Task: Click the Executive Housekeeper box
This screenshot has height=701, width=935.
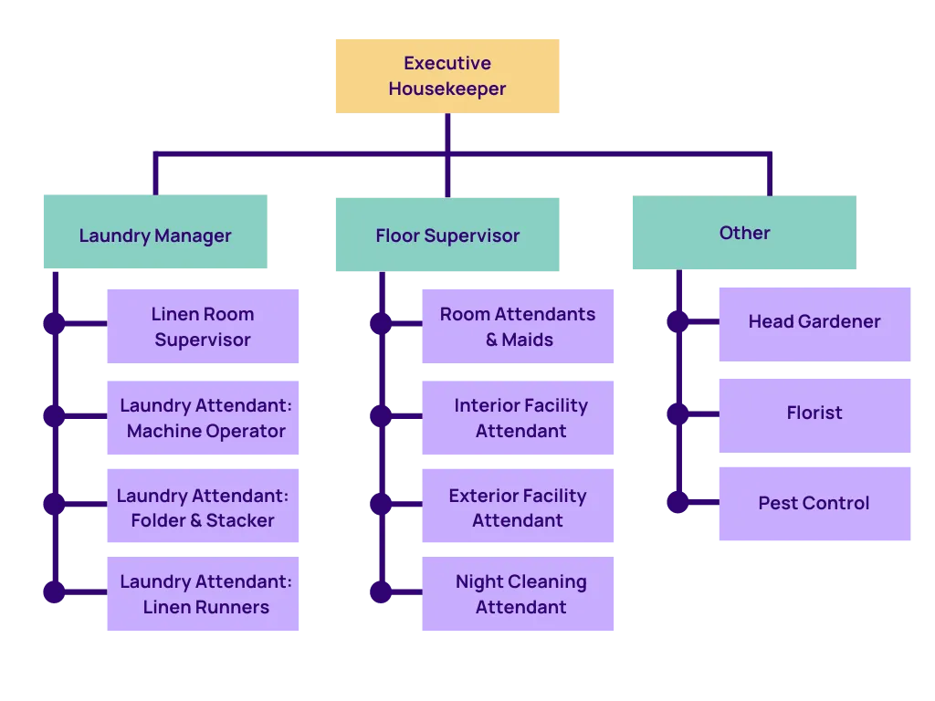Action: pyautogui.click(x=446, y=76)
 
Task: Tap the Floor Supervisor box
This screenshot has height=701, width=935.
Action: pyautogui.click(x=446, y=235)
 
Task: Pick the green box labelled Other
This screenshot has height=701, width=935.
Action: pyautogui.click(x=745, y=232)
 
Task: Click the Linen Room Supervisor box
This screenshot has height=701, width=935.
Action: pyautogui.click(x=202, y=326)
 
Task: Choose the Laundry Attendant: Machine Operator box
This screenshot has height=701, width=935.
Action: pyautogui.click(x=202, y=418)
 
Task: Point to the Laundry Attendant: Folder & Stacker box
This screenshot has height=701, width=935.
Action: pyautogui.click(x=202, y=507)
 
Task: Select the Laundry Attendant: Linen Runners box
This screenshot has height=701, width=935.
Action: pyautogui.click(x=202, y=594)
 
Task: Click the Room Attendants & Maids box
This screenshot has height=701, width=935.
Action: pyautogui.click(x=519, y=326)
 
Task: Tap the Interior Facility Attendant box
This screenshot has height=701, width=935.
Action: pyautogui.click(x=519, y=418)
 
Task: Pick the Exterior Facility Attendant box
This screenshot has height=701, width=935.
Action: pyautogui.click(x=519, y=507)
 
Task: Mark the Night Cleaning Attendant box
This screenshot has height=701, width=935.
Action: pyautogui.click(x=519, y=594)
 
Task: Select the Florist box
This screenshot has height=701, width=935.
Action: pyautogui.click(x=814, y=413)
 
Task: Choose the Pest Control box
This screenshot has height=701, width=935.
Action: pyautogui.click(x=814, y=503)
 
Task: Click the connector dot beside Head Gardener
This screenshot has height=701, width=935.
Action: pyautogui.click(x=677, y=322)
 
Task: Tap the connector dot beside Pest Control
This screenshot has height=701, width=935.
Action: pyautogui.click(x=677, y=503)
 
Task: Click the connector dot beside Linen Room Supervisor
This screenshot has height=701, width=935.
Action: pyautogui.click(x=54, y=323)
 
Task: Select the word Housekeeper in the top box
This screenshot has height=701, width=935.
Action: pyautogui.click(x=447, y=89)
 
